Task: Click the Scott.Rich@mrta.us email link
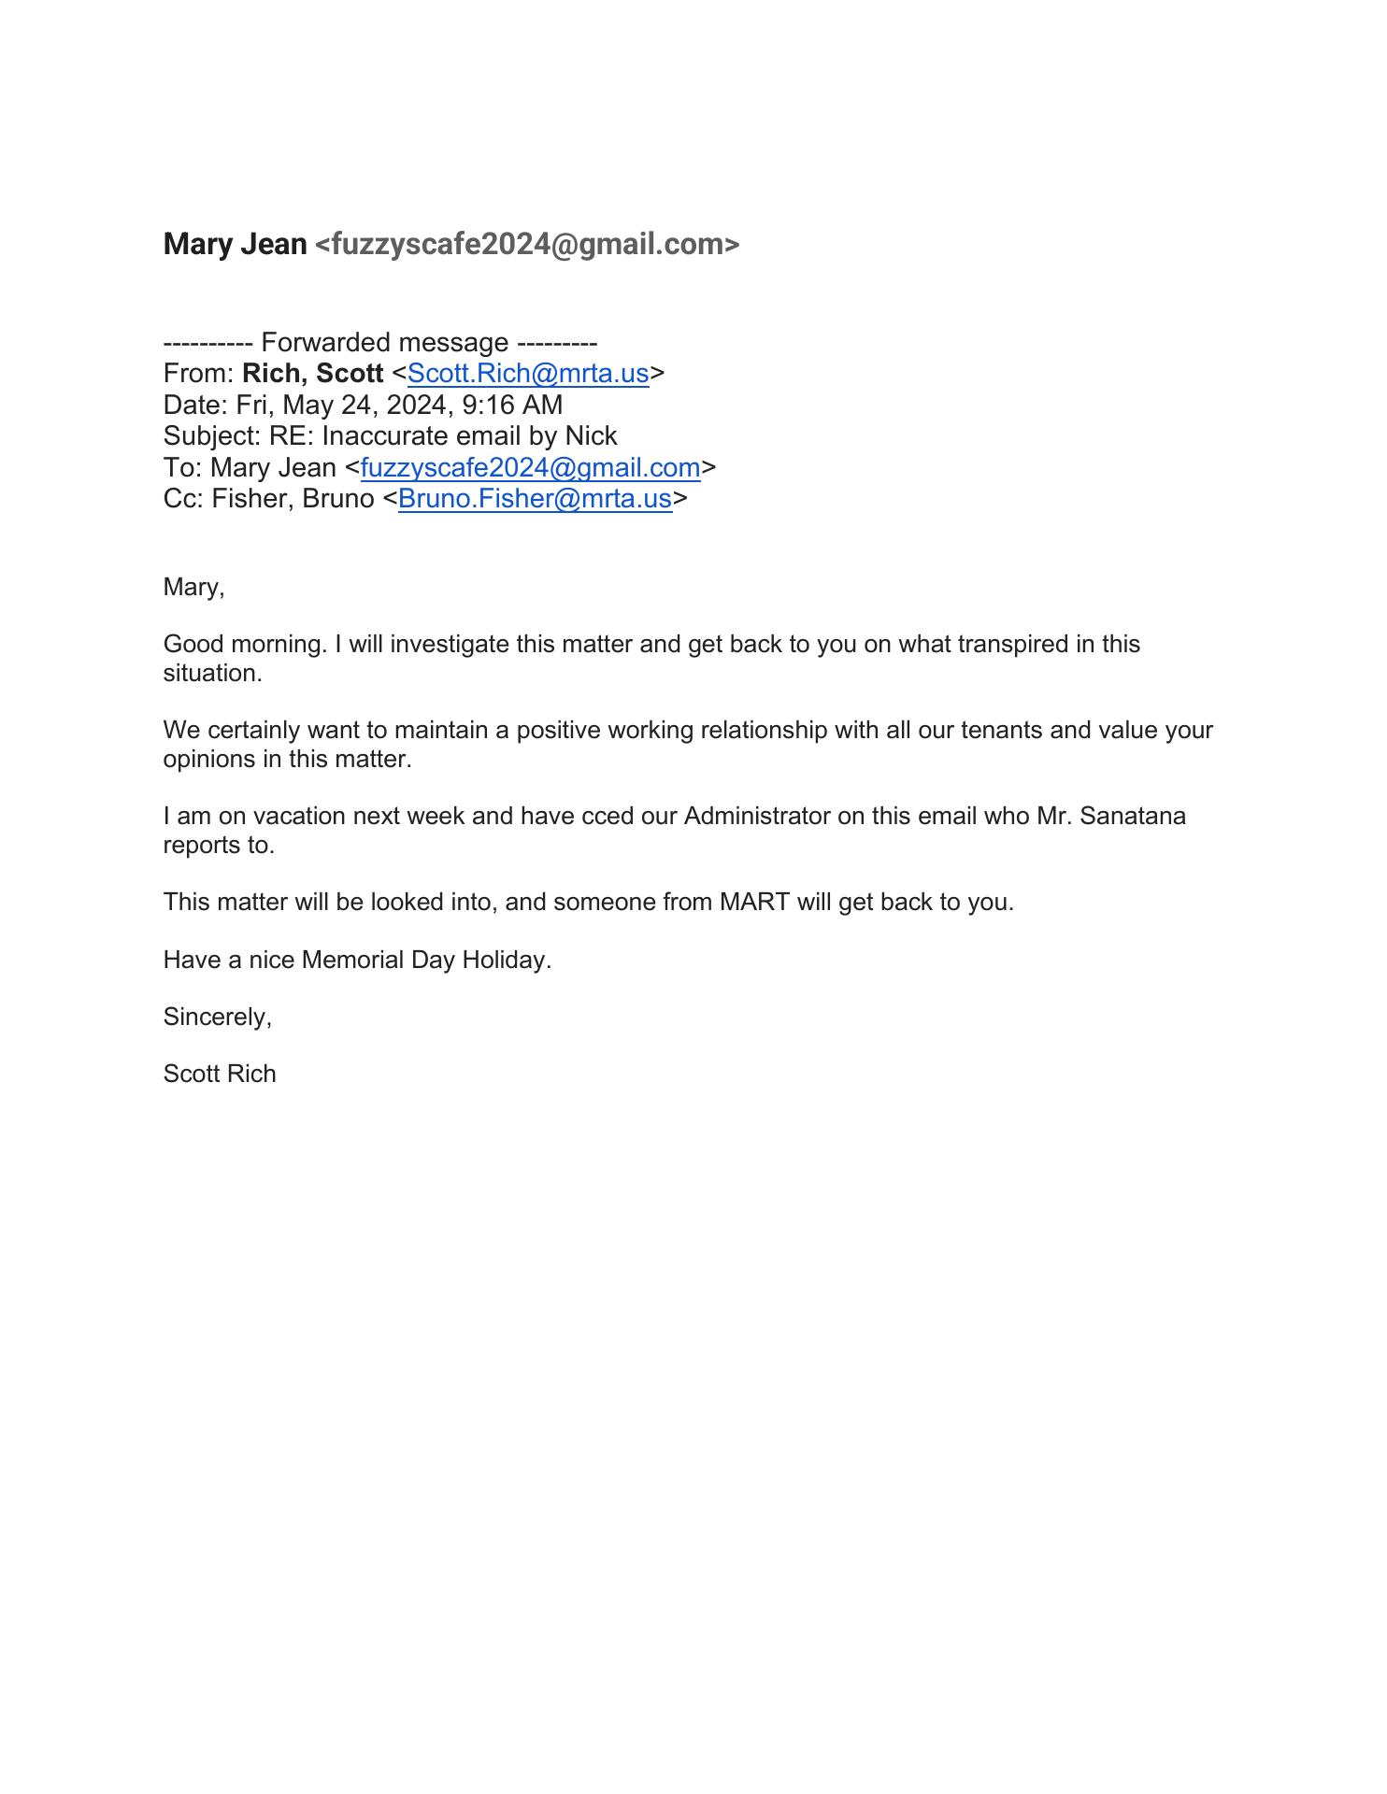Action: point(527,374)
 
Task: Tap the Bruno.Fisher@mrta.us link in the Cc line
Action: point(535,499)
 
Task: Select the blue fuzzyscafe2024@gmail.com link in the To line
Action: point(530,467)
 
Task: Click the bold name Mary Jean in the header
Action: point(235,245)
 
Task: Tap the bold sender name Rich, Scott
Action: point(312,374)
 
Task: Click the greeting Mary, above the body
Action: point(193,588)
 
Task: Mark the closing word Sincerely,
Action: point(217,1018)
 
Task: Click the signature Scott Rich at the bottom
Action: point(220,1075)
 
